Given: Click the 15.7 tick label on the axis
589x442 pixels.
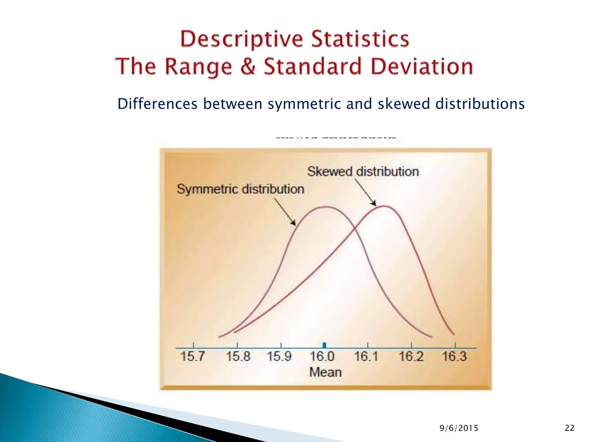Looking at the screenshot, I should click(192, 357).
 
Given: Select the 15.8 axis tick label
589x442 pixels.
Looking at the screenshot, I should click(238, 357).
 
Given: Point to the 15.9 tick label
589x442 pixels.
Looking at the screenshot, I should click(279, 357).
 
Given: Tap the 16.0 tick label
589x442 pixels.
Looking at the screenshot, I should click(322, 357).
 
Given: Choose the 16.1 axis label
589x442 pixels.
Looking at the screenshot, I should click(366, 357).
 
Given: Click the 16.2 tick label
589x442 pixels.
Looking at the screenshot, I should click(411, 357).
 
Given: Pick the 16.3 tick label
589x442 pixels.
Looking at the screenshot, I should click(454, 357).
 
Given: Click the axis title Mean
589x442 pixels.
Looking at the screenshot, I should click(325, 372).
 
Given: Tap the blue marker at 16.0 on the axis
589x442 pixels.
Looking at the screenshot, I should click(324, 345).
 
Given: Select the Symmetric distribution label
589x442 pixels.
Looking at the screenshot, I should click(240, 189).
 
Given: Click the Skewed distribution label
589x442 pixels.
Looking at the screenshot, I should click(363, 172).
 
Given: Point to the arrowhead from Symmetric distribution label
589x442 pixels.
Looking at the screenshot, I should click(294, 223).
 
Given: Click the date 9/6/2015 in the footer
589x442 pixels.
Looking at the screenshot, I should click(459, 428).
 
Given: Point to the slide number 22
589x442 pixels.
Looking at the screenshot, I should click(569, 428).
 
